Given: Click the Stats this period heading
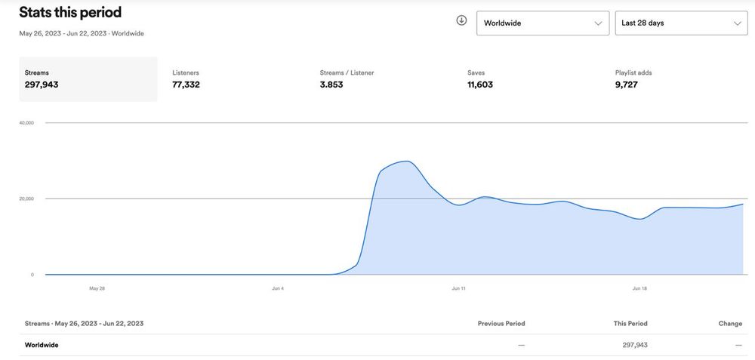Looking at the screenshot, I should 70,12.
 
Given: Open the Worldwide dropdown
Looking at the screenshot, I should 542,23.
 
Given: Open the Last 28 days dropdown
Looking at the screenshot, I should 681,23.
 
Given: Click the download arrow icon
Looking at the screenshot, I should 461,20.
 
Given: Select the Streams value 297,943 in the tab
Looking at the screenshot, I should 42,85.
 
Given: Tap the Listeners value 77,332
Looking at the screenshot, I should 186,85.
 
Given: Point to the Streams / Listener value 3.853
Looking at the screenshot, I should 331,85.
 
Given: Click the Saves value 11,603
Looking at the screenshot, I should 480,85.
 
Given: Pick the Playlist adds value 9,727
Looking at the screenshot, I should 627,85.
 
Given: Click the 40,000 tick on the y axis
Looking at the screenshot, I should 26,122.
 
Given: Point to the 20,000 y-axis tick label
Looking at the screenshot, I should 26,198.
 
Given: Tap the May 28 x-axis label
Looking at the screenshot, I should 97,288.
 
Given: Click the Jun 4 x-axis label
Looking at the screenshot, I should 278,288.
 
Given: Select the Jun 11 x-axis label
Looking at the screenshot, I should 458,288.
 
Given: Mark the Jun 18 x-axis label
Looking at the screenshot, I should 639,288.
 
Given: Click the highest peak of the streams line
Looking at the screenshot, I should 408,162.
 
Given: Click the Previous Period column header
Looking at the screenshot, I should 501,324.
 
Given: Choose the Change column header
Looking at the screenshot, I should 730,324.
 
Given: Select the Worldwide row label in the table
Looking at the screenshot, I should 42,345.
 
